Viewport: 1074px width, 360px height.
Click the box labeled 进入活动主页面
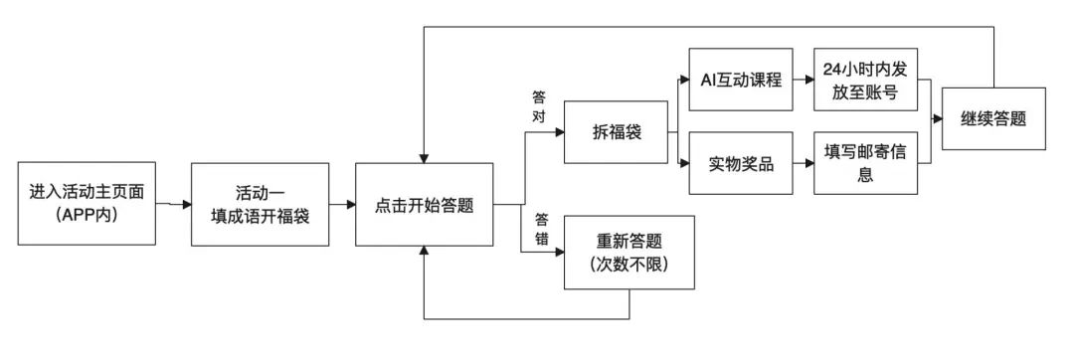92,203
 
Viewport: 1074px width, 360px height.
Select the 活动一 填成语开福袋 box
261,204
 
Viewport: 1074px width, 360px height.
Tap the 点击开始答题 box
424,206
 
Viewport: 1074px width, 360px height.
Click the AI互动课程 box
741,79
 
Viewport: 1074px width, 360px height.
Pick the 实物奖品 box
741,162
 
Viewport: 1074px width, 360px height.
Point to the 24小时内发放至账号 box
863,79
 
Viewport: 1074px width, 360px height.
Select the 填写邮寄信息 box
863,162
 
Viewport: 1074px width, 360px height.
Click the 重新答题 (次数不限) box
629,254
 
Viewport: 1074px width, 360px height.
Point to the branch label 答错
542,228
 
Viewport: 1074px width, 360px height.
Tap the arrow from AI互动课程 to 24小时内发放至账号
802,79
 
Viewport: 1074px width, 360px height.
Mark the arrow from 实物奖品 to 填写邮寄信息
802,162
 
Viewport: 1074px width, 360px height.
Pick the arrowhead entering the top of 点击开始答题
424,158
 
